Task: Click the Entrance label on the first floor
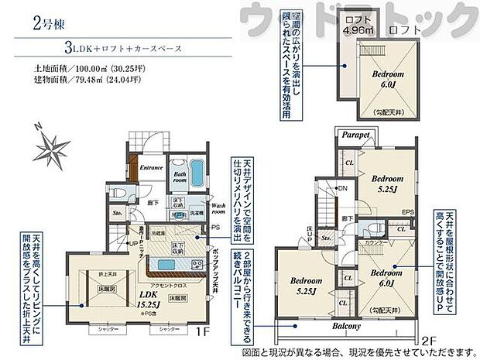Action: click(x=151, y=166)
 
